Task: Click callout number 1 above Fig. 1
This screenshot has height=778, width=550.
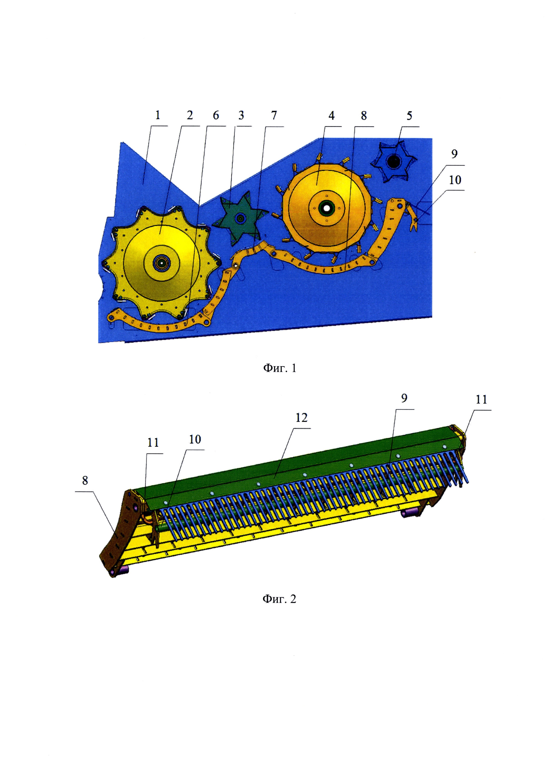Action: [x=157, y=116]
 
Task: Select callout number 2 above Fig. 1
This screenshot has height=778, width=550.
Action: [x=190, y=116]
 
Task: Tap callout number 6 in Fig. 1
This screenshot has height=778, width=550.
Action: [x=216, y=116]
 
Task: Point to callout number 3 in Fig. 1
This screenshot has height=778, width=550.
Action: [x=241, y=116]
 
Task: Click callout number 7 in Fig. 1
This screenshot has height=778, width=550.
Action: [x=274, y=116]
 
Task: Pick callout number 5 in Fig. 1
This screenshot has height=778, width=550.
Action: [x=409, y=116]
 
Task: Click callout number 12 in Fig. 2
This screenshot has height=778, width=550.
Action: [x=301, y=418]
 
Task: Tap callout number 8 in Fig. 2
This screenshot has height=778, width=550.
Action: [x=85, y=480]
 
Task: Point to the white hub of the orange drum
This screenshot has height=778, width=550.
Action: [x=327, y=207]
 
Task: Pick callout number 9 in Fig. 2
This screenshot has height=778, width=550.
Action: [x=404, y=398]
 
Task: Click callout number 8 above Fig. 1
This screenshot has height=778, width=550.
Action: [x=364, y=116]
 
